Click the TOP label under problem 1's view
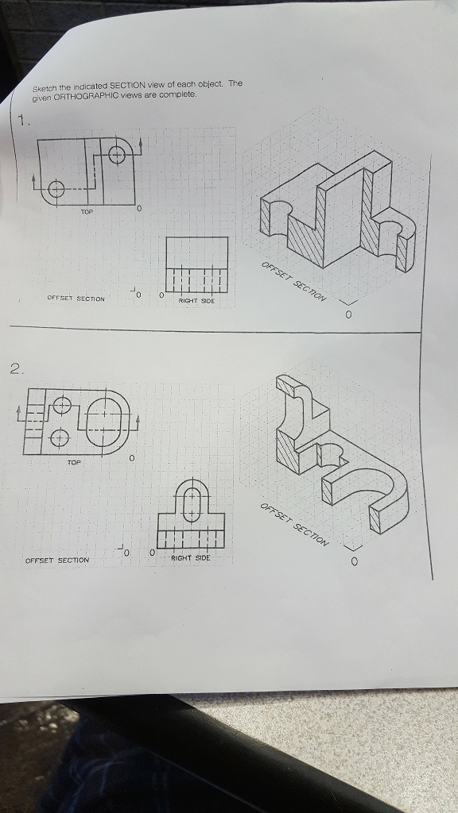[x=86, y=212]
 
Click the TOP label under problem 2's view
[x=73, y=461]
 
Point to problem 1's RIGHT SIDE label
[x=196, y=301]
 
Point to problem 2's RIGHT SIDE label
[x=191, y=559]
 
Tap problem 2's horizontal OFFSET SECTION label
[x=57, y=560]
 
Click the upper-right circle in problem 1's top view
[x=116, y=153]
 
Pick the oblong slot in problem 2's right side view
[x=191, y=503]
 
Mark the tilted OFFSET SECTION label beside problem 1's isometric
[x=294, y=282]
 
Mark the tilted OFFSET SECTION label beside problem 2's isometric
[x=293, y=525]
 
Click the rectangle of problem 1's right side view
[x=196, y=262]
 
